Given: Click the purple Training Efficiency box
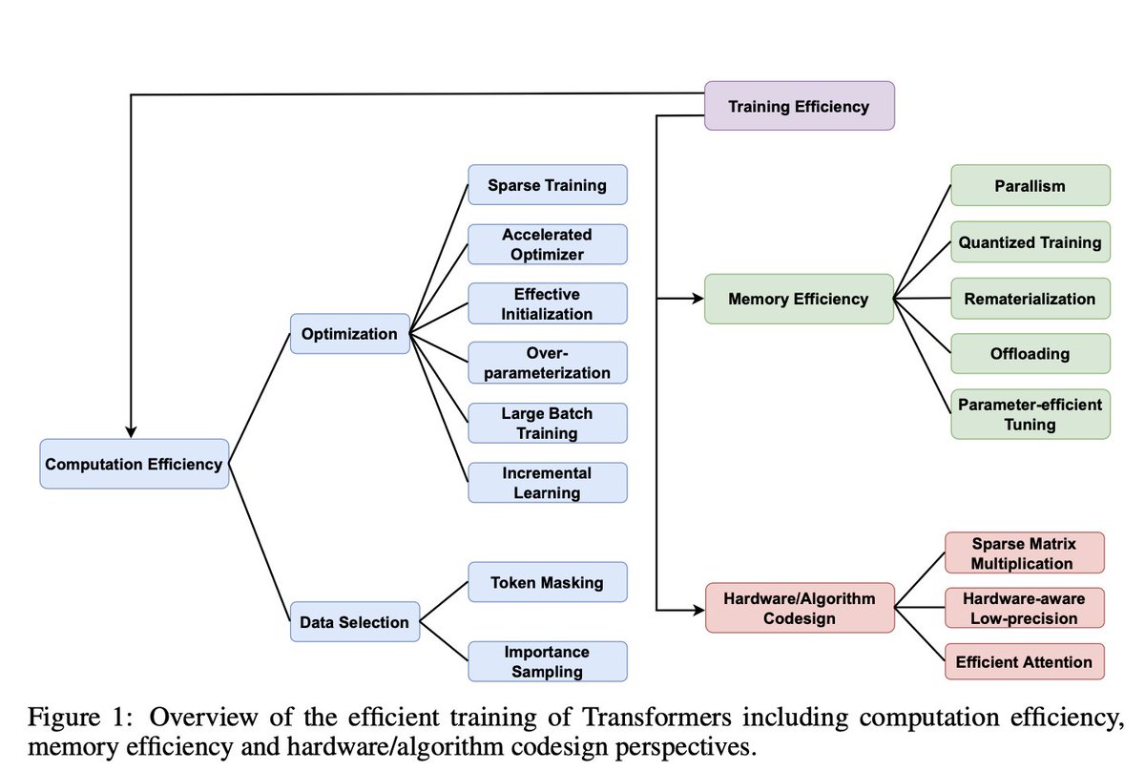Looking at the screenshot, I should pyautogui.click(x=799, y=106).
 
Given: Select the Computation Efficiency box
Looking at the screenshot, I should pyautogui.click(x=135, y=465).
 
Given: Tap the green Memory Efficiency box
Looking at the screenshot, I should pyautogui.click(x=799, y=299).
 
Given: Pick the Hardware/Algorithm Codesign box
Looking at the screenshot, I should pyautogui.click(x=799, y=607).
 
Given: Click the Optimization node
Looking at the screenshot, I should pyautogui.click(x=349, y=334).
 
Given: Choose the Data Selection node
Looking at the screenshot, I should pyautogui.click(x=354, y=622).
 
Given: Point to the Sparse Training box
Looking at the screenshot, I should pyautogui.click(x=547, y=184).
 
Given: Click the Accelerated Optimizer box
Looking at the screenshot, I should pyautogui.click(x=547, y=244).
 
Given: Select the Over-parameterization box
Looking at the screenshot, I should pyautogui.click(x=547, y=363).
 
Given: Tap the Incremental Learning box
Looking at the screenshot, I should pyautogui.click(x=547, y=483).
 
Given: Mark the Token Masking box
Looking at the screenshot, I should pyautogui.click(x=547, y=582).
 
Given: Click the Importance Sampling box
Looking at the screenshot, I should pyautogui.click(x=547, y=661).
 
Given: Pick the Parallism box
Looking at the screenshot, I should pyautogui.click(x=1030, y=185).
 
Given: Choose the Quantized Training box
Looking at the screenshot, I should pyautogui.click(x=1030, y=242).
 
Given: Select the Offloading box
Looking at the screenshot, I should pyautogui.click(x=1030, y=353).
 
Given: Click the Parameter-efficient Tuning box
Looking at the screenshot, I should pyautogui.click(x=1030, y=414).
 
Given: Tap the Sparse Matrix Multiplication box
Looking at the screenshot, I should pyautogui.click(x=1023, y=553).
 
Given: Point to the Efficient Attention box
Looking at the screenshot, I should pyautogui.click(x=1023, y=661).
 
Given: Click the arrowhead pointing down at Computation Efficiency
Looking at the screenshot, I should pyautogui.click(x=130, y=431).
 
